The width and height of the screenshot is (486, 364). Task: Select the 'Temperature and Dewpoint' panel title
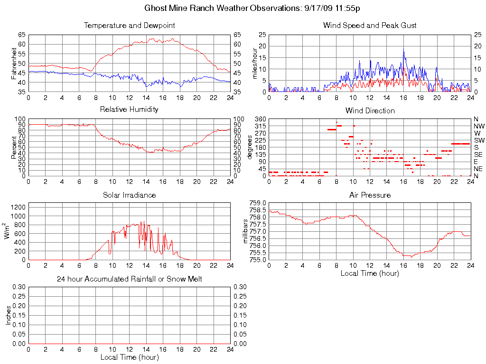point(129,26)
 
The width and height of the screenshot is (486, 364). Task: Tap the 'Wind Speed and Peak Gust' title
point(369,26)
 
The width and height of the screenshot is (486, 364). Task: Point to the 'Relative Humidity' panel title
point(129,109)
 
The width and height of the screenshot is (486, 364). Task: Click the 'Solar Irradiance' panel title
point(129,195)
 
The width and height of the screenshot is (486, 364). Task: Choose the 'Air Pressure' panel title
point(370,195)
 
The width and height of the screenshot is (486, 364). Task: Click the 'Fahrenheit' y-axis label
point(15,63)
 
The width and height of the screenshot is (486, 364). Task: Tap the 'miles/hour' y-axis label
point(255,63)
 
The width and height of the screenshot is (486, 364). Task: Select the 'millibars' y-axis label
point(245,231)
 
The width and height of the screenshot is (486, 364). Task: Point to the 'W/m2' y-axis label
point(8,231)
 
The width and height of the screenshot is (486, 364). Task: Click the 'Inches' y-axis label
point(8,315)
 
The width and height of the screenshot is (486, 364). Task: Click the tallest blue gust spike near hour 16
point(404,49)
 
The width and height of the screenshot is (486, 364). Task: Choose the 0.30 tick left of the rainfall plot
point(19,287)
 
